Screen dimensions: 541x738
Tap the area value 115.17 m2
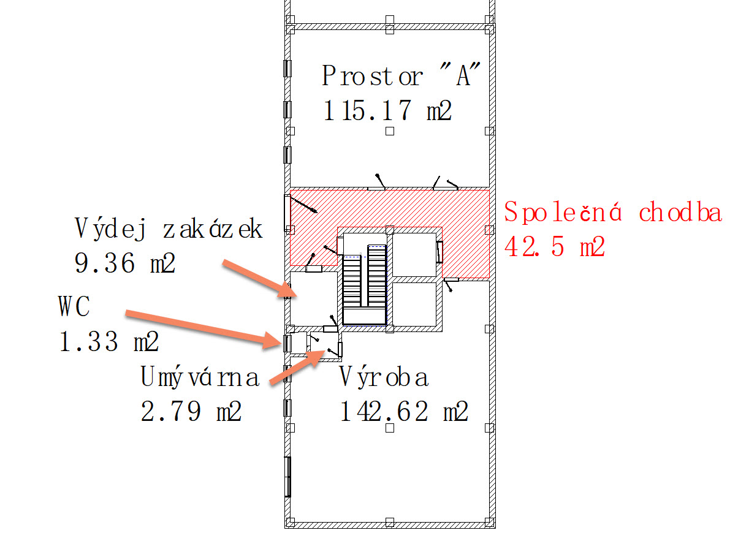click(x=387, y=112)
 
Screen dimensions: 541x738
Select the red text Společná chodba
click(x=613, y=213)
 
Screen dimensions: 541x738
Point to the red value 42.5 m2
click(x=555, y=247)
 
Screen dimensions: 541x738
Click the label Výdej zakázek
click(x=169, y=229)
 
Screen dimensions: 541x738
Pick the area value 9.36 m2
click(x=125, y=263)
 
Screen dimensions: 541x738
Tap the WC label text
click(x=74, y=307)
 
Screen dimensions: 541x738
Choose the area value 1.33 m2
click(x=108, y=342)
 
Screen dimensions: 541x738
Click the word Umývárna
click(x=200, y=377)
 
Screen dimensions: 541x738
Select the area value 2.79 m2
click(x=191, y=412)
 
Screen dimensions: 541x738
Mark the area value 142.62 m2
click(x=405, y=412)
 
